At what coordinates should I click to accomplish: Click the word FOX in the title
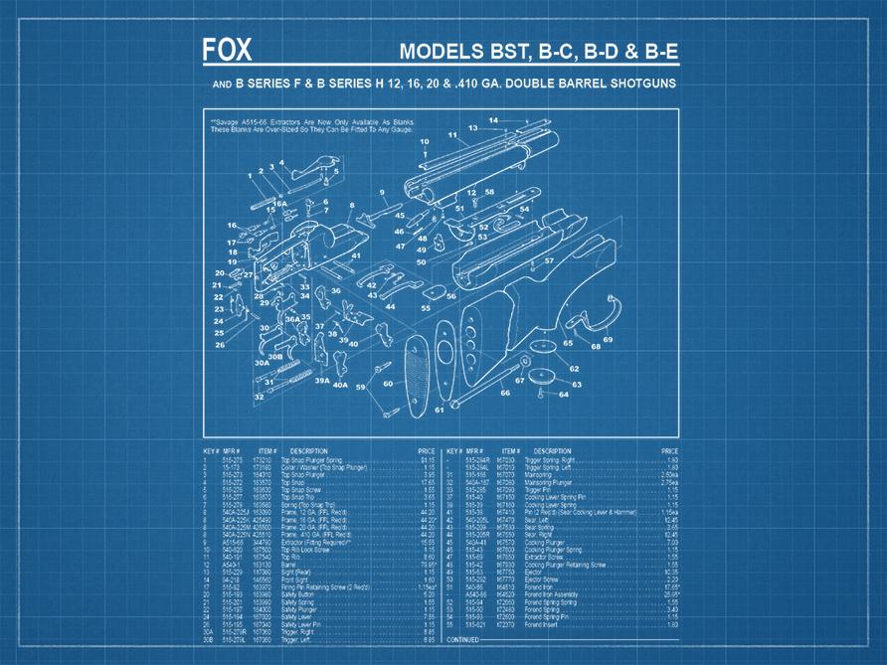pyautogui.click(x=227, y=51)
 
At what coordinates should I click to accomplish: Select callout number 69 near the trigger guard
pyautogui.click(x=607, y=340)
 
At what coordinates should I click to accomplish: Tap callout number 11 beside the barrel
pyautogui.click(x=452, y=134)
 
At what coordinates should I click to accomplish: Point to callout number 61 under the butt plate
pyautogui.click(x=439, y=410)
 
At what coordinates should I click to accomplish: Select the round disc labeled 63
pyautogui.click(x=540, y=377)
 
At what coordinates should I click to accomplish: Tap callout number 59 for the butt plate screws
pyautogui.click(x=361, y=387)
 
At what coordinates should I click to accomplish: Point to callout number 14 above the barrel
pyautogui.click(x=493, y=120)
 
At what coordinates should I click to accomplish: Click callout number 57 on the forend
pyautogui.click(x=548, y=260)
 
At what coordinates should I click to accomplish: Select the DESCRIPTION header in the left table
pyautogui.click(x=308, y=451)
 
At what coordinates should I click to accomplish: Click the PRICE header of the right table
pyautogui.click(x=669, y=451)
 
